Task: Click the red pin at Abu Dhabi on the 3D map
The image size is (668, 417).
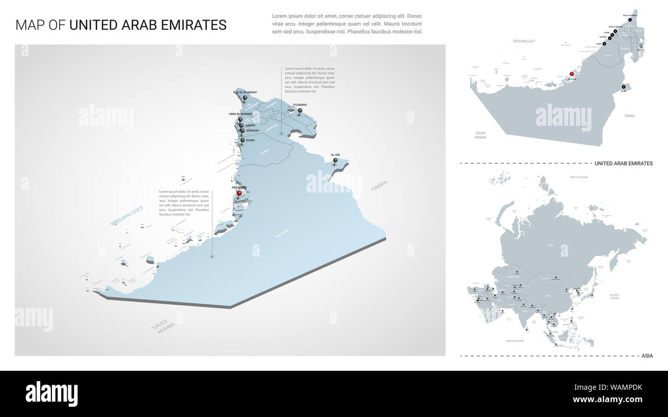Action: click(239, 194)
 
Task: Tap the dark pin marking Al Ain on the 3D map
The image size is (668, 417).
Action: click(336, 161)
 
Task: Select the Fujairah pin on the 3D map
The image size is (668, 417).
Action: click(300, 110)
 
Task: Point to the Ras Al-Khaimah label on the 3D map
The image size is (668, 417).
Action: click(245, 92)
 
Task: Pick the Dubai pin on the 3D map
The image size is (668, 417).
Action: click(243, 140)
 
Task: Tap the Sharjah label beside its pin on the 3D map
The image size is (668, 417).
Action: click(253, 130)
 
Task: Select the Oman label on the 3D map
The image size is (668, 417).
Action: click(379, 186)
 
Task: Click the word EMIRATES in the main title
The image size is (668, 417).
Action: click(195, 25)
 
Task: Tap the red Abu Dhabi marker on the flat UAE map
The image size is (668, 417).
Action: click(571, 74)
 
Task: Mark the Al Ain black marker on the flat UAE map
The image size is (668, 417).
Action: click(623, 86)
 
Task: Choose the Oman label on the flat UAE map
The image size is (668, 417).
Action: click(629, 116)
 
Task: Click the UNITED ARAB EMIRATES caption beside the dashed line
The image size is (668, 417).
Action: click(623, 163)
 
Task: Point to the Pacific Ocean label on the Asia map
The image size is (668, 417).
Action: click(615, 296)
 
